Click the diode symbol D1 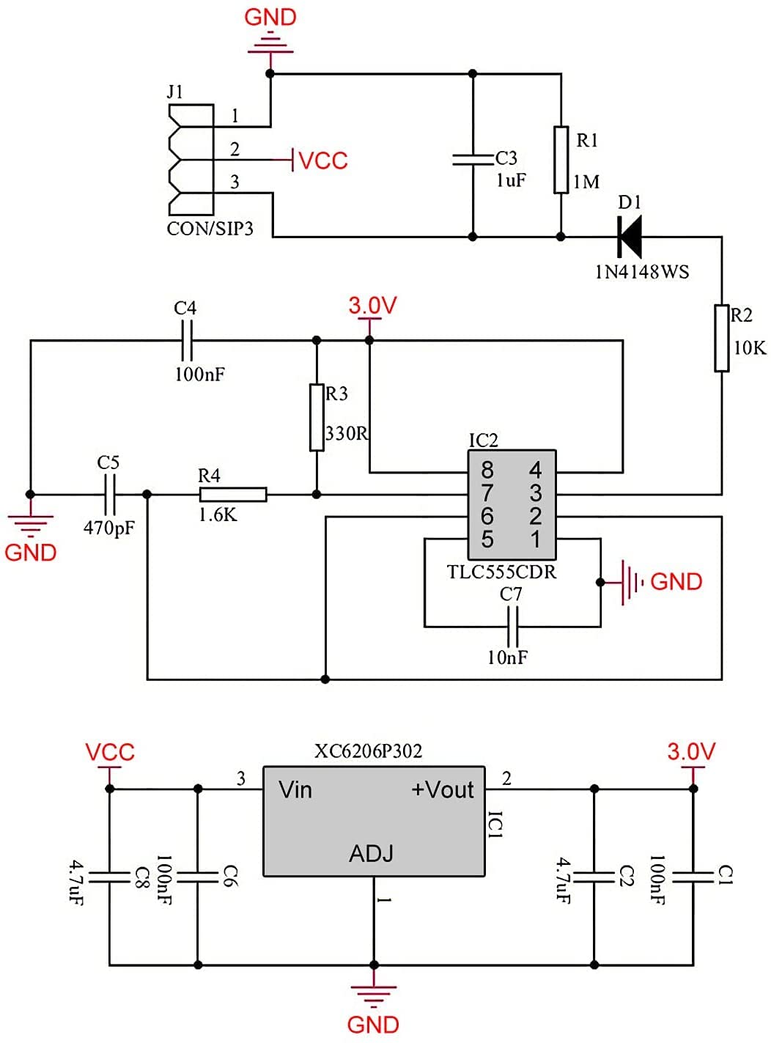pos(630,236)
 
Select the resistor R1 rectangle pos(561,160)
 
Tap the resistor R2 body pos(722,339)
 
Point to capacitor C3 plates pos(473,159)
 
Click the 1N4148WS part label pos(641,272)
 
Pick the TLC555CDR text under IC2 pos(501,572)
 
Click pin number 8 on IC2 pos(487,469)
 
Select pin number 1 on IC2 pos(536,539)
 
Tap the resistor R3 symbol pos(317,417)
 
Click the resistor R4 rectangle pos(233,495)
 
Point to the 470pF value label pos(109,527)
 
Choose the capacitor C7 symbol pos(513,627)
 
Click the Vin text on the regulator pos(295,790)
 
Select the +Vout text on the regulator pos(443,790)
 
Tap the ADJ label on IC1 pos(371,854)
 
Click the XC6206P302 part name pos(368,751)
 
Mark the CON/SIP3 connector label pos(210,229)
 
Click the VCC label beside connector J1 pos(323,161)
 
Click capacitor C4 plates pos(186,340)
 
